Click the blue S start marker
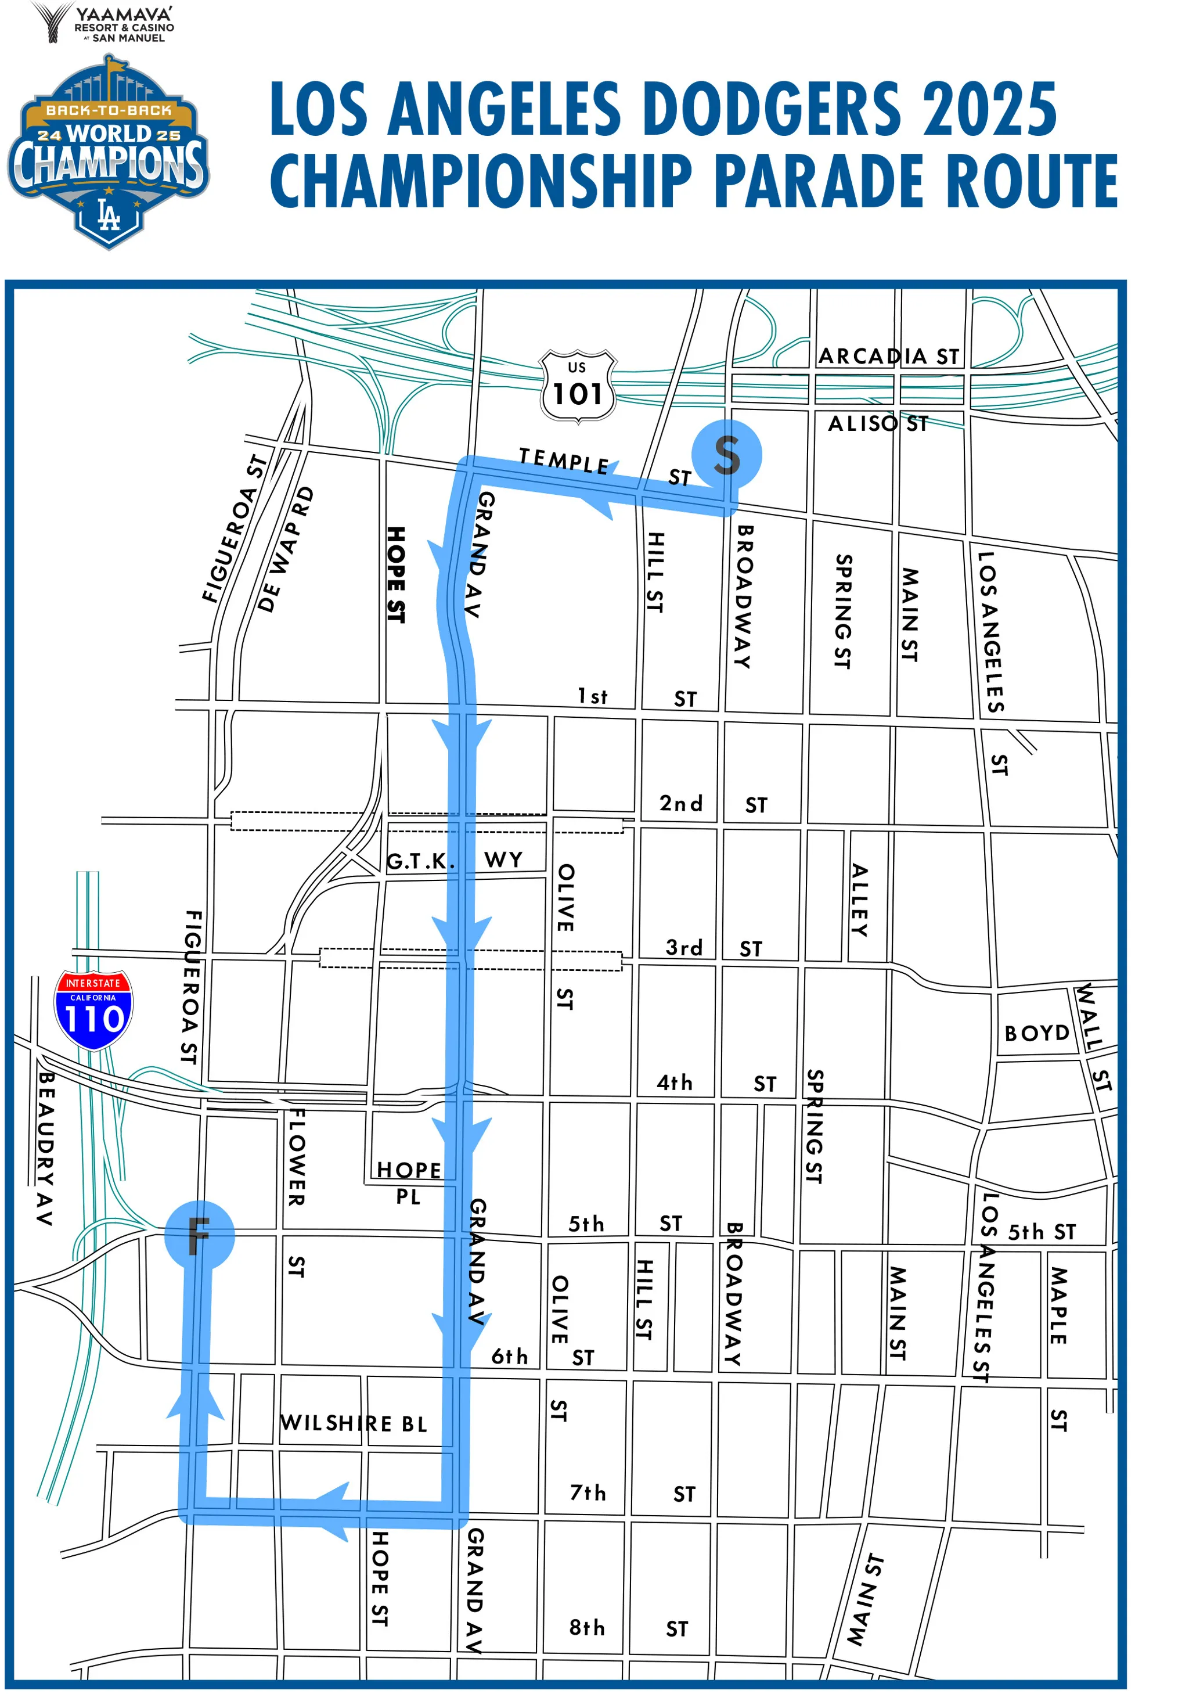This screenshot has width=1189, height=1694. pyautogui.click(x=726, y=454)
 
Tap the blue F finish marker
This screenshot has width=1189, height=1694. pyautogui.click(x=199, y=1233)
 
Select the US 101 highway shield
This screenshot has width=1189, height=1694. pyautogui.click(x=578, y=386)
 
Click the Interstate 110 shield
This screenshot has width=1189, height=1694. pyautogui.click(x=93, y=1010)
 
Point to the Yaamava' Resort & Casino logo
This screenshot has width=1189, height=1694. pyautogui.click(x=103, y=24)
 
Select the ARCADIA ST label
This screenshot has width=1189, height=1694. pyautogui.click(x=889, y=357)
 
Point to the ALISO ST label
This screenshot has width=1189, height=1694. pyautogui.click(x=878, y=423)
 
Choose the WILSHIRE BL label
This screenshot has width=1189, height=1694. pyautogui.click(x=354, y=1422)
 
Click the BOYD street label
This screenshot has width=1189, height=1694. pyautogui.click(x=1036, y=1033)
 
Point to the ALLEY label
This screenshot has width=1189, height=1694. pyautogui.click(x=860, y=900)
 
